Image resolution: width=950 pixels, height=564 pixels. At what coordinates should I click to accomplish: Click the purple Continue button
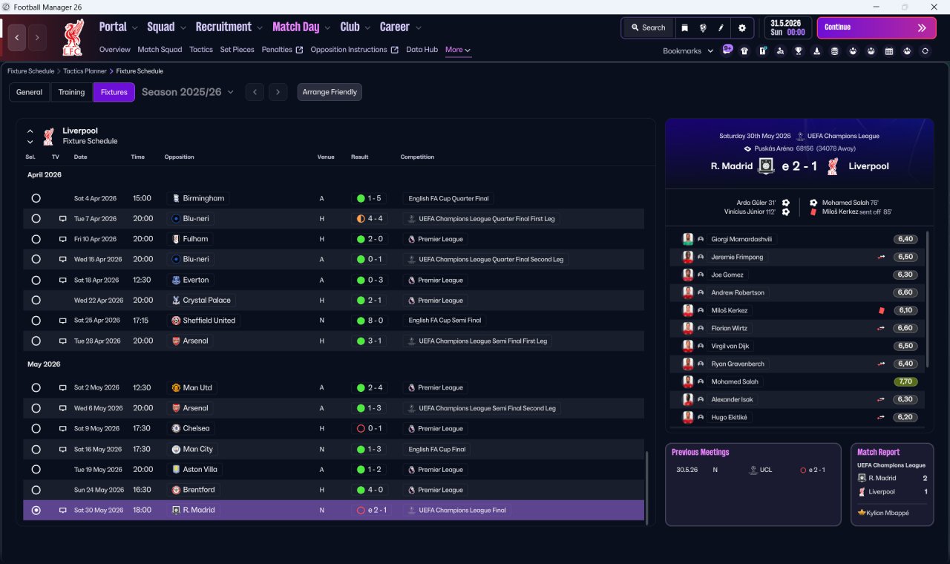click(877, 27)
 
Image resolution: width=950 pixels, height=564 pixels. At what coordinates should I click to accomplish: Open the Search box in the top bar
click(648, 27)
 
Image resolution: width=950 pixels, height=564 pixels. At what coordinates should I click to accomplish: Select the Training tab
click(71, 92)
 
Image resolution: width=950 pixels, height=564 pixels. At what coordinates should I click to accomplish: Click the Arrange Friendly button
click(330, 92)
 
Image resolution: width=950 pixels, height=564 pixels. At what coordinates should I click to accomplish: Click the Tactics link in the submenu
click(201, 50)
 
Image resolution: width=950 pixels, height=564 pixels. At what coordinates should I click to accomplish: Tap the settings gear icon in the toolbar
click(741, 28)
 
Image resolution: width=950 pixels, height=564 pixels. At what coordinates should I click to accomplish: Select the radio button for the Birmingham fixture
click(36, 198)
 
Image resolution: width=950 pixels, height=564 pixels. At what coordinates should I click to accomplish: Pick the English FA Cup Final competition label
click(437, 449)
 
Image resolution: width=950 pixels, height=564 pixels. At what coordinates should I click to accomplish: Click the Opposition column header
click(179, 157)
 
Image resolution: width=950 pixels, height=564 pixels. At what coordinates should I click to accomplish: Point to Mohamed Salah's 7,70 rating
click(905, 381)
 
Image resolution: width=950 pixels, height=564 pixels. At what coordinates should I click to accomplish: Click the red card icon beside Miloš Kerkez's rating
click(882, 310)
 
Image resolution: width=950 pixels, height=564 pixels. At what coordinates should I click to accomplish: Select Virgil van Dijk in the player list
click(730, 346)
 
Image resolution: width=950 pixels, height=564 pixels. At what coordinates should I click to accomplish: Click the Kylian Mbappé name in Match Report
click(887, 513)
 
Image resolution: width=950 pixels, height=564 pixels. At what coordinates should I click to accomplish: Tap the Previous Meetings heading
click(700, 452)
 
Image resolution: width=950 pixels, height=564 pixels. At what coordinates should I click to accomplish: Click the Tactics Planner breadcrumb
click(85, 71)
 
